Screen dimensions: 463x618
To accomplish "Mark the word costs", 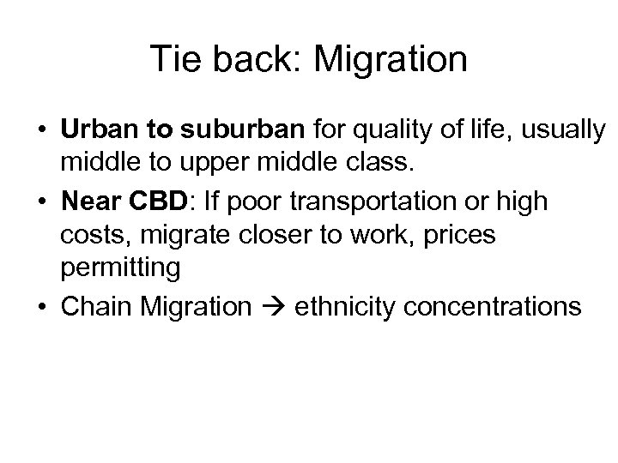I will (93, 235).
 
